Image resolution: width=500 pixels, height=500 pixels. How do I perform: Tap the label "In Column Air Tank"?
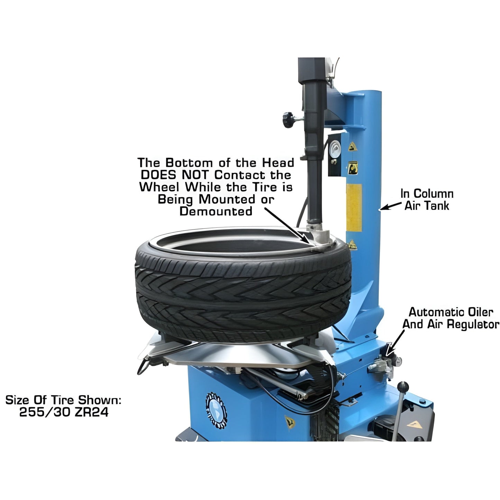tap(427, 200)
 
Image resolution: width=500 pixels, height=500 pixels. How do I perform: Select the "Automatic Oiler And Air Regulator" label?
tap(451, 318)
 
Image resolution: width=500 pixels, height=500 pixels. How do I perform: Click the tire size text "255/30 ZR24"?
tap(64, 412)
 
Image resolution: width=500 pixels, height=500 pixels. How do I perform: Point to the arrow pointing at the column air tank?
tap(390, 207)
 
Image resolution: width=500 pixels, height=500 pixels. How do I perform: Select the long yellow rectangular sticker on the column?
tap(354, 208)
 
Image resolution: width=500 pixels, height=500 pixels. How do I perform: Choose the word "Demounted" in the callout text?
tap(216, 211)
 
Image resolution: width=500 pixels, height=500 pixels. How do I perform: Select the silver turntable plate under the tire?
tap(239, 355)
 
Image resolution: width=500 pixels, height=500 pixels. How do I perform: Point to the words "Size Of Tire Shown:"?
tap(63, 400)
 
